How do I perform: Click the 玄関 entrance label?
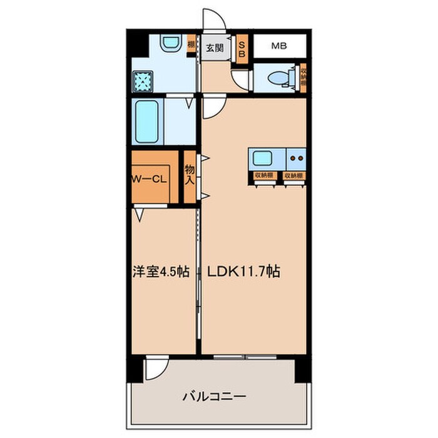pos(215,46)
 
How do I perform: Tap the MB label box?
pos(279,46)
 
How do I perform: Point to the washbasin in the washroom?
pos(170,44)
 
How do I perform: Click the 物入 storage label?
pos(189,175)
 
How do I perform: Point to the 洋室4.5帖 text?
pos(160,273)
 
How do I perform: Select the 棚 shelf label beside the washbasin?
pos(191,45)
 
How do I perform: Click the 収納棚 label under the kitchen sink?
pos(263,175)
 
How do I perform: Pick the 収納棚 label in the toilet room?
pos(303,77)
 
